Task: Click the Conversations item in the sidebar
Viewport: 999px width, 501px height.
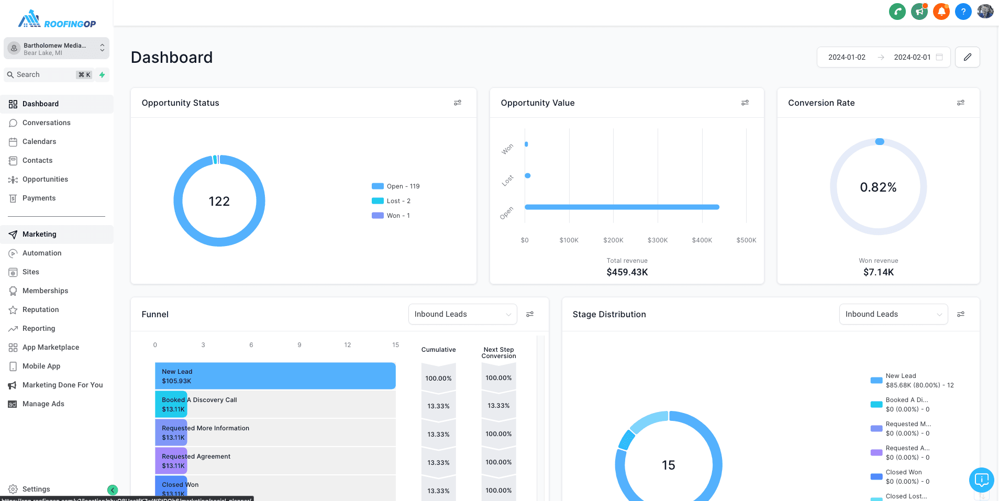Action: point(46,123)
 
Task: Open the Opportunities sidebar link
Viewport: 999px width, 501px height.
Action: point(45,179)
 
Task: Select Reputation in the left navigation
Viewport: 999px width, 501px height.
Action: point(40,309)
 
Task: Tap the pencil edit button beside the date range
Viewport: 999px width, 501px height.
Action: point(967,57)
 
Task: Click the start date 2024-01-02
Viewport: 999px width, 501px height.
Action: point(847,57)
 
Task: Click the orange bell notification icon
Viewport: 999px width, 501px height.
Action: point(941,11)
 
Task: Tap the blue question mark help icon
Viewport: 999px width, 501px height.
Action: point(963,11)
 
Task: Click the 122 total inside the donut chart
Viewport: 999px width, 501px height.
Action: point(219,202)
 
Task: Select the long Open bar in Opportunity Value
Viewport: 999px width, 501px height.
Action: point(621,207)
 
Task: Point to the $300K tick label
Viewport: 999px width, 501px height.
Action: point(657,240)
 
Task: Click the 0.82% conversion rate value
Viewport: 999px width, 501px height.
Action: point(878,187)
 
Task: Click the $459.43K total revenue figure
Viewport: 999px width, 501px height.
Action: point(627,272)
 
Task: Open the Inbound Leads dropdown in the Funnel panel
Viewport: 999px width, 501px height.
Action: point(462,314)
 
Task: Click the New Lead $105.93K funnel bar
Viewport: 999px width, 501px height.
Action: point(275,376)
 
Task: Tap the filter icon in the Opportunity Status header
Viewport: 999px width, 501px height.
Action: point(457,103)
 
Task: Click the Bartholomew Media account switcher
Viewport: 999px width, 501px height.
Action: point(57,49)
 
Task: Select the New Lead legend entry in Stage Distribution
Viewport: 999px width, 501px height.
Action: point(911,381)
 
